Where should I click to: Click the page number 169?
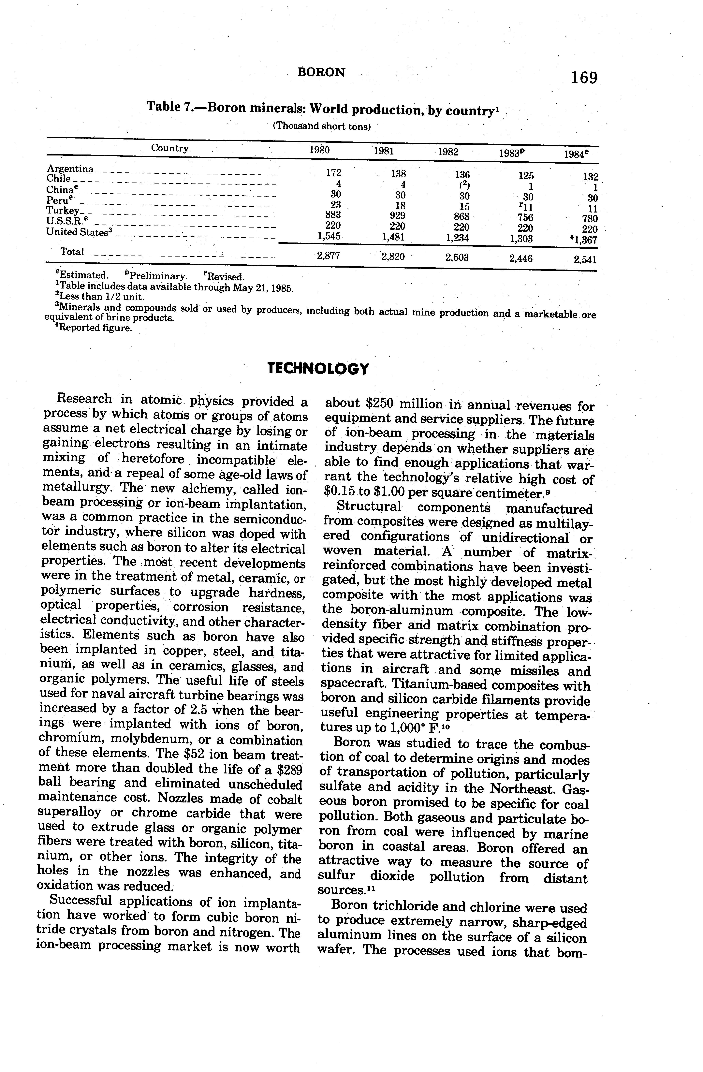click(584, 78)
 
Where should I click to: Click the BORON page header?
click(322, 72)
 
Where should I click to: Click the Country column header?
click(169, 148)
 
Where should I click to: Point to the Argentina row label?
click(70, 169)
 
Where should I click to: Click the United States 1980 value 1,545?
click(328, 236)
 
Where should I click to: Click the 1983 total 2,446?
click(521, 258)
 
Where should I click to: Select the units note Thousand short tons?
click(322, 126)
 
